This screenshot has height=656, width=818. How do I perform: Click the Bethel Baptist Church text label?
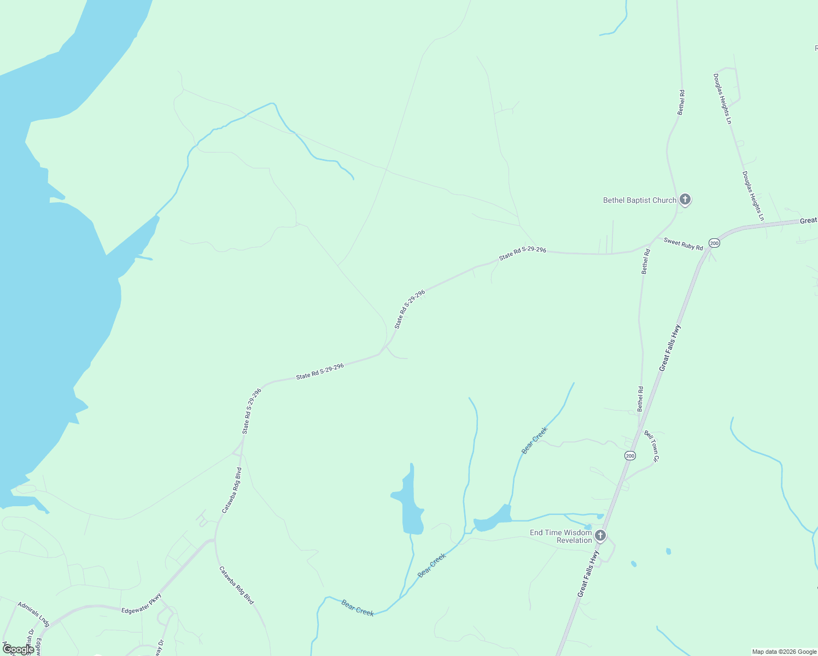(x=639, y=200)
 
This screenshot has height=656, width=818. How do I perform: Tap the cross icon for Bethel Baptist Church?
(x=685, y=200)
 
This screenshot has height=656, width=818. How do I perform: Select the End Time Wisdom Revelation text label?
(x=560, y=536)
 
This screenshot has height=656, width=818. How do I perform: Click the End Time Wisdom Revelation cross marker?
(x=600, y=535)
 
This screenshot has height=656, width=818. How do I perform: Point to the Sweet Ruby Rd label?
(x=683, y=244)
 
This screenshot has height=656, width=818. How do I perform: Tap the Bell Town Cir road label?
(x=652, y=446)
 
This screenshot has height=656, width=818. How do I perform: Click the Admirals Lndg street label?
(x=33, y=614)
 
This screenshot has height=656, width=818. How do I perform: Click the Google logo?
(x=18, y=649)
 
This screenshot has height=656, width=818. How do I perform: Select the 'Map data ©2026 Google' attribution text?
(x=784, y=652)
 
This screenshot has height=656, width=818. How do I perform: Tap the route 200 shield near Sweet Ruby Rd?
(x=714, y=243)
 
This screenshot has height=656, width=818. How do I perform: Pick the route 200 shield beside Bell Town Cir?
(x=630, y=455)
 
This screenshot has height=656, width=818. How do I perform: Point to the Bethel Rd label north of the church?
(x=681, y=102)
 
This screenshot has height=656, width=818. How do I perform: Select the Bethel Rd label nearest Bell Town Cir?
(x=640, y=399)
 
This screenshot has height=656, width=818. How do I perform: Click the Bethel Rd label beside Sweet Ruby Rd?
(x=646, y=261)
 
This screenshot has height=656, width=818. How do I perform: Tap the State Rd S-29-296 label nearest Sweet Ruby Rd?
(x=522, y=253)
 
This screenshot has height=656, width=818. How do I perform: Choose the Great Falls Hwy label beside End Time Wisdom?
(x=588, y=574)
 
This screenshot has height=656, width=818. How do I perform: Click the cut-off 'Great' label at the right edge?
(x=808, y=220)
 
